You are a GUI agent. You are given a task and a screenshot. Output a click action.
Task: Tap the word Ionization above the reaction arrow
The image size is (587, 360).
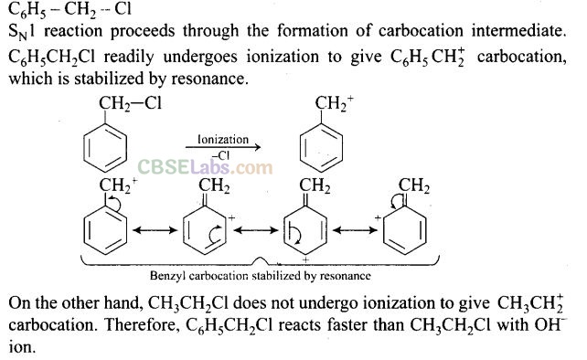(223, 140)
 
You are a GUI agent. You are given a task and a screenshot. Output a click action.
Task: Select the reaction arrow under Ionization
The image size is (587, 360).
(223, 147)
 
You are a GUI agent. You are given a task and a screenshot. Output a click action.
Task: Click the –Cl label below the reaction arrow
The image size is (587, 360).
(221, 155)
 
